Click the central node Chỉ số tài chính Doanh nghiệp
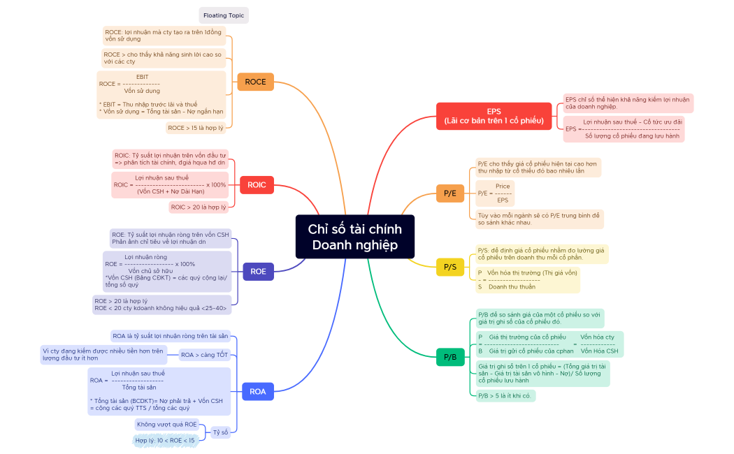(x=354, y=237)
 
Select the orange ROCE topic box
(x=255, y=82)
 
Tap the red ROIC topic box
(x=257, y=186)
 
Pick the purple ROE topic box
(x=258, y=271)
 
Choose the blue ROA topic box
(x=257, y=391)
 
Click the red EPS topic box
(x=494, y=116)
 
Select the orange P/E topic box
(x=449, y=193)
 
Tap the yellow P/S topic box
(x=449, y=267)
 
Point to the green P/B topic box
(x=449, y=358)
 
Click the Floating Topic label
(x=224, y=15)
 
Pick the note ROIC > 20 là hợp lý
(x=199, y=207)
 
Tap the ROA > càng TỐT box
(x=204, y=355)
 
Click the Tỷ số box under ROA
(x=220, y=432)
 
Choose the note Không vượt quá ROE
(x=166, y=424)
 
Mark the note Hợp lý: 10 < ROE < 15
(x=165, y=441)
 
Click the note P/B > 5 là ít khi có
(x=505, y=396)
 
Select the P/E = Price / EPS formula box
(x=495, y=193)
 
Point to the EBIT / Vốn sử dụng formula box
(x=161, y=93)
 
